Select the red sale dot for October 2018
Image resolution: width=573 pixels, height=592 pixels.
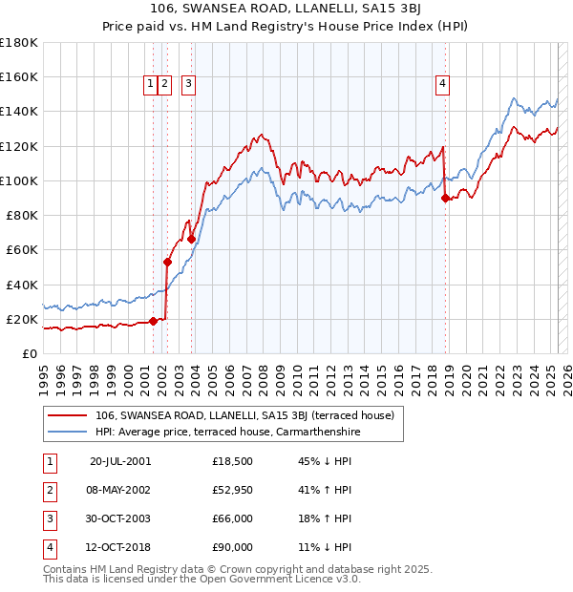pyautogui.click(x=445, y=198)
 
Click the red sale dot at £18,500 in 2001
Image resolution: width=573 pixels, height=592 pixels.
pyautogui.click(x=153, y=321)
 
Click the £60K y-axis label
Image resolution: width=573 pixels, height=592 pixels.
pyautogui.click(x=22, y=249)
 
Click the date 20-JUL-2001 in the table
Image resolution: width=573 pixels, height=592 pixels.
pyautogui.click(x=120, y=461)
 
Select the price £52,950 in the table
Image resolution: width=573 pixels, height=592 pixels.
pyautogui.click(x=232, y=490)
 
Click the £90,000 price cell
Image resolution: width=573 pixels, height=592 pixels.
pyautogui.click(x=232, y=547)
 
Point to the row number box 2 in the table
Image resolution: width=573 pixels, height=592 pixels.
pyautogui.click(x=49, y=490)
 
